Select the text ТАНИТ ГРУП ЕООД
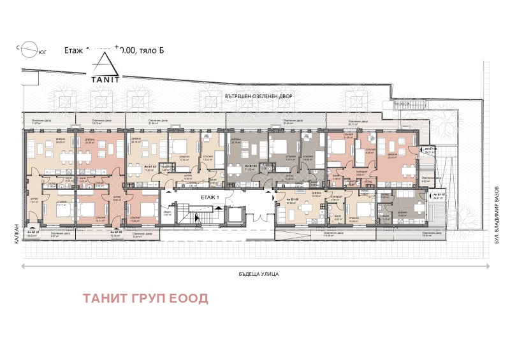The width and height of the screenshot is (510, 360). click(x=154, y=298)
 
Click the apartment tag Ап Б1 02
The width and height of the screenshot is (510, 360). click(x=115, y=233)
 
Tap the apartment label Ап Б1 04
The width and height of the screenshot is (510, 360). click(x=251, y=166)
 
